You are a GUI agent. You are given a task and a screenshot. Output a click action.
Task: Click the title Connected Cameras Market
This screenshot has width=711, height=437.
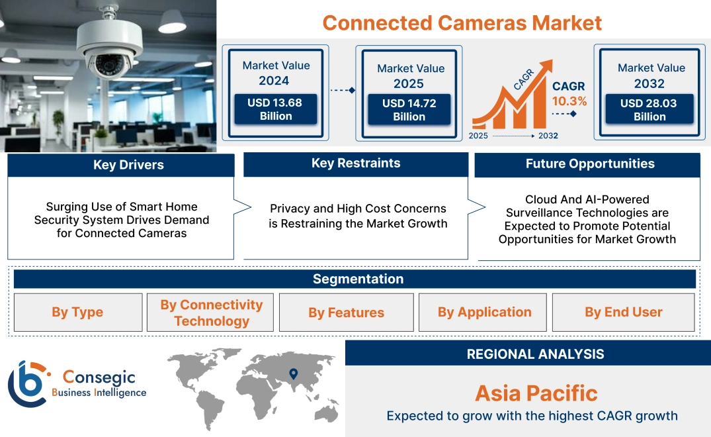pyautogui.click(x=462, y=23)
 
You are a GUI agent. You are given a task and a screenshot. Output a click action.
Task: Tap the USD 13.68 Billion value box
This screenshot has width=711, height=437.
pyautogui.click(x=275, y=109)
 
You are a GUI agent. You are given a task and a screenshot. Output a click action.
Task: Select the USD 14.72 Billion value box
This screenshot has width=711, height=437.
pyautogui.click(x=409, y=110)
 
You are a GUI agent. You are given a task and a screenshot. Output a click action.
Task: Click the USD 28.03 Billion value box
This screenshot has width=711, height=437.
pyautogui.click(x=649, y=110)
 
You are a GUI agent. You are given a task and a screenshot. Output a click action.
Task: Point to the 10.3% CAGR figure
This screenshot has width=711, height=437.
pyautogui.click(x=569, y=101)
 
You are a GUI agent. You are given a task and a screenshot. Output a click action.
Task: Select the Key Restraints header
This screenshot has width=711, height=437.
pyautogui.click(x=356, y=164)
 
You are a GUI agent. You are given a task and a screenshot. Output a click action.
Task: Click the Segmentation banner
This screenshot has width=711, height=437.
pyautogui.click(x=358, y=279)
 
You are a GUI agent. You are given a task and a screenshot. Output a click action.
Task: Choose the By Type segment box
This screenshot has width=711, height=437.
pyautogui.click(x=77, y=313)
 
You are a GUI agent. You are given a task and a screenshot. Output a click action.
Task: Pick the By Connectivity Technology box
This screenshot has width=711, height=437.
pyautogui.click(x=211, y=313)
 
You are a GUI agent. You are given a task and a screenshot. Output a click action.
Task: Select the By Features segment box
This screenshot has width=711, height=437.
pyautogui.click(x=346, y=313)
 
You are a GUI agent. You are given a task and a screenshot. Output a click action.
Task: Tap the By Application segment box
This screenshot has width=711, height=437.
pyautogui.click(x=484, y=313)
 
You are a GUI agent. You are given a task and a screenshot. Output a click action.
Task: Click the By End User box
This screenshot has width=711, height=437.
pyautogui.click(x=623, y=313)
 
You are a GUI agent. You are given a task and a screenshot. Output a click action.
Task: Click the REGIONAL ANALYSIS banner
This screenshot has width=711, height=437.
pyautogui.click(x=535, y=354)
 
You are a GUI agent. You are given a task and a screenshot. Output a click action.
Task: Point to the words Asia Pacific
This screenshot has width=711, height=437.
pyautogui.click(x=536, y=393)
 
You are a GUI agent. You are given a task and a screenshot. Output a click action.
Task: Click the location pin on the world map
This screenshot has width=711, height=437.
pyautogui.click(x=294, y=374)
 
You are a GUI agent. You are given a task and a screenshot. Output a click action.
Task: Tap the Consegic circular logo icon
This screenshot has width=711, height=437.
pyautogui.click(x=26, y=384)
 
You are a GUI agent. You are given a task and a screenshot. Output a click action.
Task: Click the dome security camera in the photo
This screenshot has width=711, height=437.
pyautogui.click(x=108, y=53)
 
